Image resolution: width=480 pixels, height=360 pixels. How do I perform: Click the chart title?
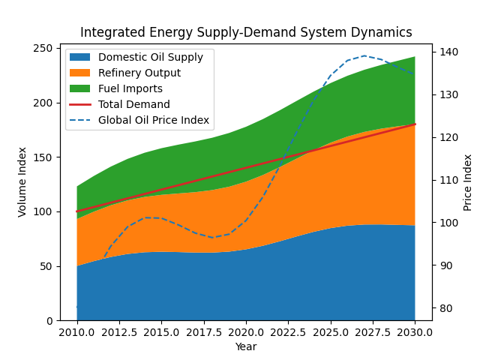point(246,32)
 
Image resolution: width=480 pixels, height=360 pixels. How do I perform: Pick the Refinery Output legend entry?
point(139,73)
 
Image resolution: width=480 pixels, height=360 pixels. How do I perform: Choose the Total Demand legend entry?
point(134,105)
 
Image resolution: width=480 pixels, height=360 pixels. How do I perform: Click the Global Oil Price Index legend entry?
point(154,121)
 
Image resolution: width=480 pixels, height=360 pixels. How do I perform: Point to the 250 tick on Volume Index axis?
point(44,49)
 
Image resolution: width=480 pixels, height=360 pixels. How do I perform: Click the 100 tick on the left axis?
point(44,211)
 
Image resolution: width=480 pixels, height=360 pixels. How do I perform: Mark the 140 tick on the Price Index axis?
point(447,52)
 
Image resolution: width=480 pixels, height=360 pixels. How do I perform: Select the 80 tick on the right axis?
point(445,308)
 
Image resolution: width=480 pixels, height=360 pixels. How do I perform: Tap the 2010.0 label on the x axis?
point(76,332)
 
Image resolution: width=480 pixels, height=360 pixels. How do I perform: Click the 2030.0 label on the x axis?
point(415,332)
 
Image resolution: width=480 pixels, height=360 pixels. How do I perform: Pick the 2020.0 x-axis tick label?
point(246,332)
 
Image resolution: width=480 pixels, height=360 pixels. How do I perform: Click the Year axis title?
point(246,346)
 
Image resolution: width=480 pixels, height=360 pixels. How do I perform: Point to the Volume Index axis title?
point(23,181)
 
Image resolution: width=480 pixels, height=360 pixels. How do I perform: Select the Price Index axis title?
point(468,181)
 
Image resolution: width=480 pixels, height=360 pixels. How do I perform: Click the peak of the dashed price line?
point(364,55)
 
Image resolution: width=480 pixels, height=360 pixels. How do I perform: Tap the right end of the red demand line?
point(415,124)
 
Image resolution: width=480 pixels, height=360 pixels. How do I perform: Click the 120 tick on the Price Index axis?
point(447,137)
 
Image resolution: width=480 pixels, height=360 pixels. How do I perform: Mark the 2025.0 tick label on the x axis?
point(330,332)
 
